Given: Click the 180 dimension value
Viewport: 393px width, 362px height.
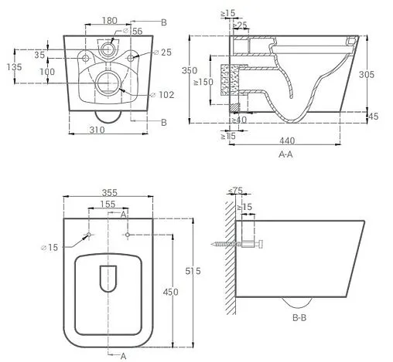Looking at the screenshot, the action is click(x=110, y=21).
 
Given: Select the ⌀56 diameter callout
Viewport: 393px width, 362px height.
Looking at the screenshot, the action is click(x=133, y=31).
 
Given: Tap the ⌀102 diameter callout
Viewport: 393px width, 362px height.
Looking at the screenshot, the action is click(x=162, y=95).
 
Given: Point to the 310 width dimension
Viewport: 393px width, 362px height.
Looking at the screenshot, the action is click(x=97, y=130).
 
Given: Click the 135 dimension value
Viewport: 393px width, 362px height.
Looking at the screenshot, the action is click(x=14, y=67).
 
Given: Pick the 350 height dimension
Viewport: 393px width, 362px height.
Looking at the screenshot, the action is click(x=190, y=70).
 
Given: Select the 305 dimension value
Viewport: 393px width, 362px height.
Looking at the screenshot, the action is click(x=367, y=75).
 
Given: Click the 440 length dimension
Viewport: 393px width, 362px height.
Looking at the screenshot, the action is click(x=287, y=140).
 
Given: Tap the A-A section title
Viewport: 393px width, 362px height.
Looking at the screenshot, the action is click(x=285, y=154).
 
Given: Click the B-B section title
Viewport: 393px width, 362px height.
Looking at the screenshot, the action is click(x=299, y=318).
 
